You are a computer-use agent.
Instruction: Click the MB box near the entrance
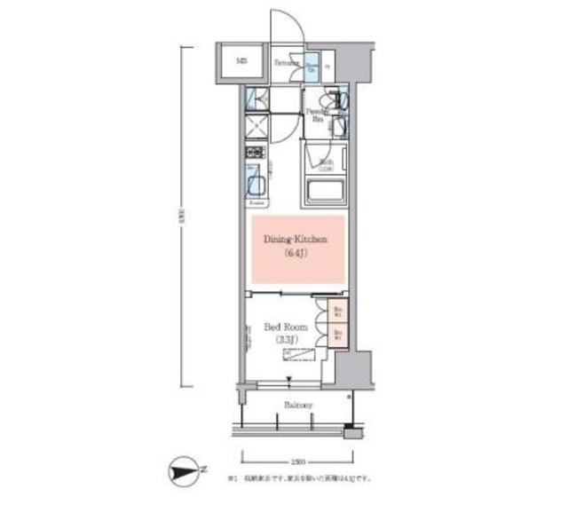pyautogui.click(x=241, y=62)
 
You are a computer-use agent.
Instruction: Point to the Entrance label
pyautogui.click(x=286, y=63)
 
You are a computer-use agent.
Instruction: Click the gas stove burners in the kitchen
pyautogui.click(x=254, y=154)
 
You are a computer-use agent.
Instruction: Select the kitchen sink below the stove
pyautogui.click(x=255, y=185)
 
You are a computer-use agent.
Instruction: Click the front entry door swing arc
pyautogui.click(x=287, y=22)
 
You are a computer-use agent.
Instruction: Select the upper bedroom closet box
pyautogui.click(x=337, y=312)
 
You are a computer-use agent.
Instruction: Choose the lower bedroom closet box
pyautogui.click(x=337, y=335)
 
